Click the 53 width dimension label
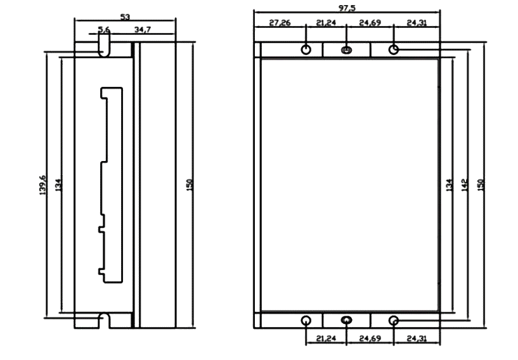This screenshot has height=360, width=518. click(125, 16)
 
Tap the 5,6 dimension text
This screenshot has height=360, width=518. click(104, 30)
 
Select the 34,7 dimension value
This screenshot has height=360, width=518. click(143, 30)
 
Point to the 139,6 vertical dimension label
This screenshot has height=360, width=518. click(43, 185)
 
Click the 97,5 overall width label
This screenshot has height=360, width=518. click(347, 8)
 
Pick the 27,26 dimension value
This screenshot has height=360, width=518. click(280, 23)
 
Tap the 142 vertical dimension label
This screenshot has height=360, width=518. click(465, 185)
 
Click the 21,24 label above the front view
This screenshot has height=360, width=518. click(326, 23)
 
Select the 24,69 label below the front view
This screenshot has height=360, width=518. click(370, 338)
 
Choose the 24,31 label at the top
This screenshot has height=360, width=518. click(417, 23)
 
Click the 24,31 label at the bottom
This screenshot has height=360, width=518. click(417, 338)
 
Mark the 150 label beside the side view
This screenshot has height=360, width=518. click(190, 185)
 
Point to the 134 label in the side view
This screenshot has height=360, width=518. click(58, 185)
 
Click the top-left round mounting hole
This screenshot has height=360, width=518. click(306, 49)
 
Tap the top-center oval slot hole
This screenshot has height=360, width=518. click(346, 50)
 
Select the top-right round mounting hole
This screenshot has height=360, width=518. click(394, 49)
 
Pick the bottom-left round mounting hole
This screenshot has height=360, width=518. click(306, 320)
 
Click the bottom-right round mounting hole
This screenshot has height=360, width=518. click(394, 320)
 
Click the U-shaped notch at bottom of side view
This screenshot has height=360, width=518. click(104, 320)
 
